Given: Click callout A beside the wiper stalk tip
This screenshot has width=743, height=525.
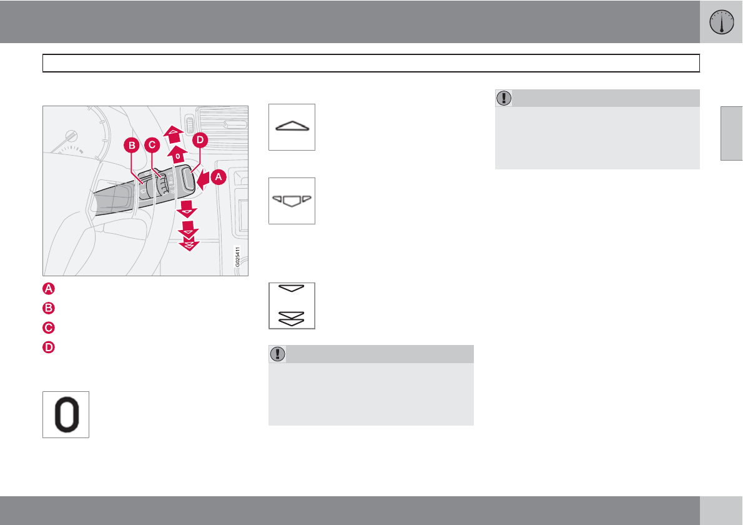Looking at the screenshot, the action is (x=218, y=177).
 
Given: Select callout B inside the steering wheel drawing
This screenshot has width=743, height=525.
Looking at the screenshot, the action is (x=132, y=145).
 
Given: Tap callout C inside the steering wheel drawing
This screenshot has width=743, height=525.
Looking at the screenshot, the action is (x=152, y=145).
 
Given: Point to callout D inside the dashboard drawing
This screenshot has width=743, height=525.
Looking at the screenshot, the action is (x=200, y=140).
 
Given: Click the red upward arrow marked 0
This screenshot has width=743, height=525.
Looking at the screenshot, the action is (x=178, y=155).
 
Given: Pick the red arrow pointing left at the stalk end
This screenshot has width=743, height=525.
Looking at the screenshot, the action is (x=204, y=180).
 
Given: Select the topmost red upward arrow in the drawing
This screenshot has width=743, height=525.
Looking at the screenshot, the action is (x=173, y=134).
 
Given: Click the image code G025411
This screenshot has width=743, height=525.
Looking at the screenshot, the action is (x=238, y=257).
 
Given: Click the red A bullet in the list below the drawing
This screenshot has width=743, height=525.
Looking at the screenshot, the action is (x=49, y=288).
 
